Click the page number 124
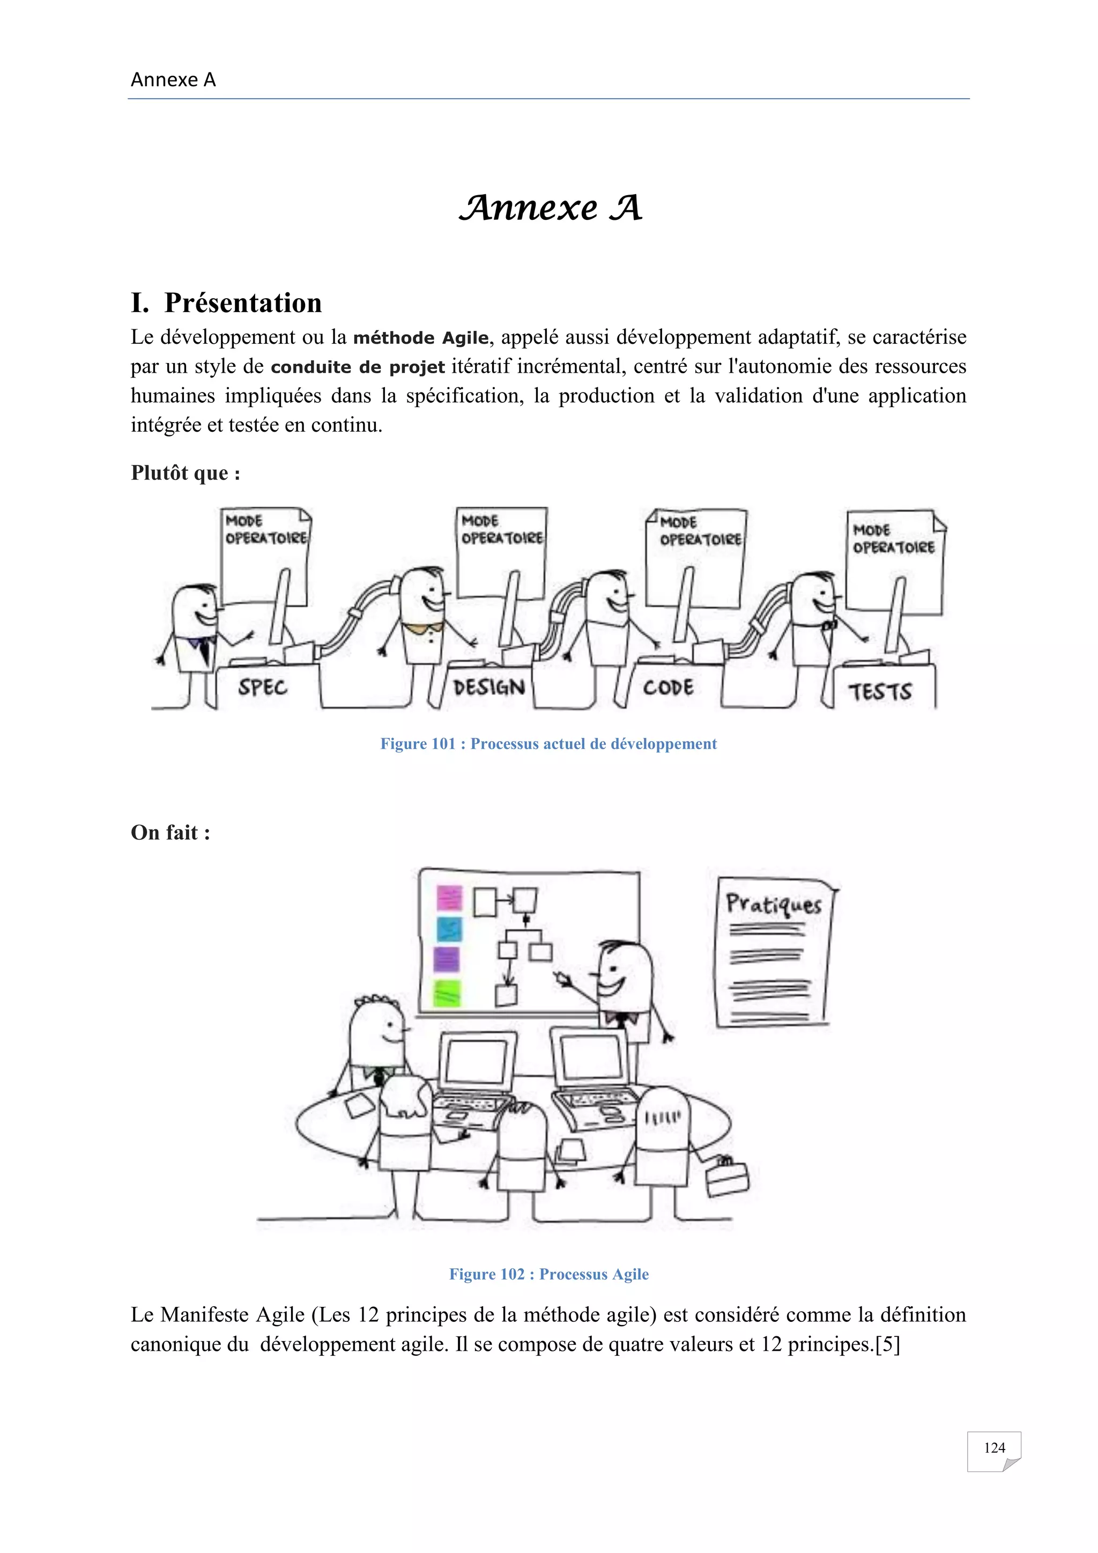[994, 1447]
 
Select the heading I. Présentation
[226, 303]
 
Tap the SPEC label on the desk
[262, 688]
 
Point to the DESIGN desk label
[488, 688]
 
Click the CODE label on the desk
[668, 688]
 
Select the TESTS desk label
[880, 691]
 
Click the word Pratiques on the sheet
[774, 904]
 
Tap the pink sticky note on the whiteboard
[449, 898]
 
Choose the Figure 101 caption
[548, 744]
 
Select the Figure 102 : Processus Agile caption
[548, 1274]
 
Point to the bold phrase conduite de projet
[357, 367]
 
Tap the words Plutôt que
[184, 473]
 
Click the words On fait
[170, 833]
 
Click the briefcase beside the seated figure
[727, 1178]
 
